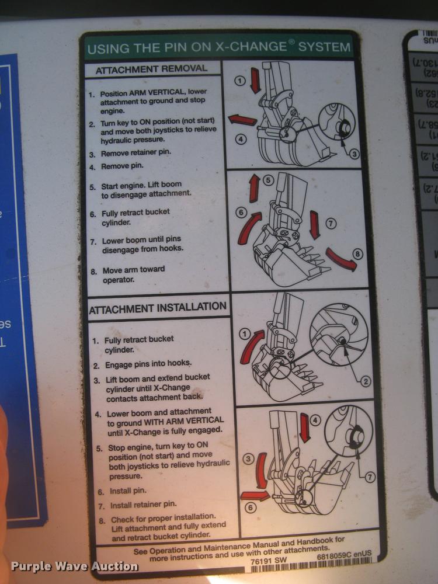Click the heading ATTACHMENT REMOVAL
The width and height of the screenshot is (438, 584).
pos(151,68)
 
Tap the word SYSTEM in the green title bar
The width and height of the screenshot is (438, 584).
pos(325,46)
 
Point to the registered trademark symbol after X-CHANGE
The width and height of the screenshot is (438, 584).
pos(290,43)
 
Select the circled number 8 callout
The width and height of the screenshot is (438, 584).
pos(357,254)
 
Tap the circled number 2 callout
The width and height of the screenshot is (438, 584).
pos(366,381)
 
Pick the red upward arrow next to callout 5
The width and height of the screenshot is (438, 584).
pos(254,189)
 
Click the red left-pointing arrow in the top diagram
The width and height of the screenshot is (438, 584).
pos(242,120)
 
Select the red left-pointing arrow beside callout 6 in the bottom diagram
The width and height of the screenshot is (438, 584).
pos(255,496)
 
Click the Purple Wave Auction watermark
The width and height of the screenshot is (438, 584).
pos(74,566)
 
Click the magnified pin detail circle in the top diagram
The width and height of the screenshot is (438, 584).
pos(341,122)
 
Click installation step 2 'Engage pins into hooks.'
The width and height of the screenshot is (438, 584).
pos(148,364)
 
